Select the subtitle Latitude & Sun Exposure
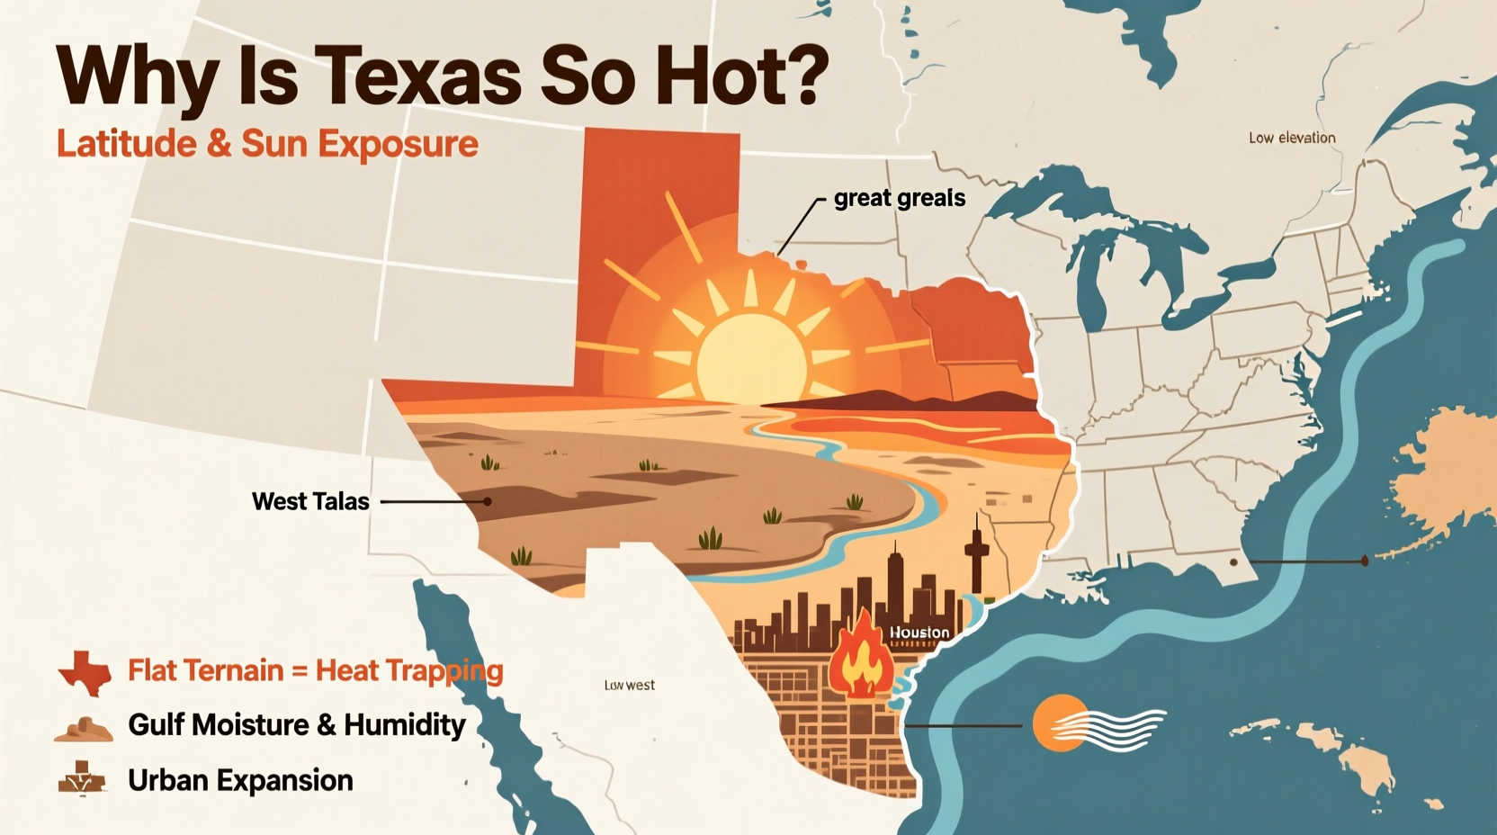click(267, 144)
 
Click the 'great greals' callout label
click(899, 198)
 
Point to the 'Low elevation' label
click(1291, 138)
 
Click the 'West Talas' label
click(310, 501)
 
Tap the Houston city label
click(919, 633)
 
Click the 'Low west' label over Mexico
click(630, 686)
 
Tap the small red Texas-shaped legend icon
click(85, 672)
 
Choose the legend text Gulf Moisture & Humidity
click(296, 725)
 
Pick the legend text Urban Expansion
click(240, 780)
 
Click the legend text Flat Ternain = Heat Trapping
click(315, 671)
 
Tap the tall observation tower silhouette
click(976, 553)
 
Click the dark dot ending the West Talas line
click(487, 501)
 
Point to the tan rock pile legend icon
click(84, 728)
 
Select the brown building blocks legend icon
click(82, 778)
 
